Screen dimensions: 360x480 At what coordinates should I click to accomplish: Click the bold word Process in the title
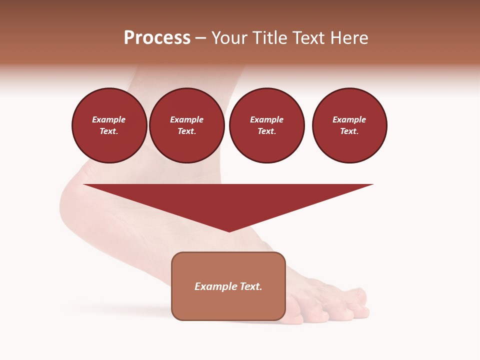coord(157,38)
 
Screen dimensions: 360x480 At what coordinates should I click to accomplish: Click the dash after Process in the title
coord(201,39)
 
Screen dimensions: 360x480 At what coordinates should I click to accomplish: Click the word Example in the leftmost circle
coord(109,119)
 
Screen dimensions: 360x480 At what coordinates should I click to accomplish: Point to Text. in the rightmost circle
coord(349,131)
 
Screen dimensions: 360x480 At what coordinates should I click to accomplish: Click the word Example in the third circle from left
coord(266,119)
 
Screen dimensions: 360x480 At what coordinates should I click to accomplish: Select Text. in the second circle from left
coord(186,131)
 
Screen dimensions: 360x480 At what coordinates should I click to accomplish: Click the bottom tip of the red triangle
coord(229,230)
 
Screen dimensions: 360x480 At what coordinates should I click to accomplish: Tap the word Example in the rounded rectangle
coord(216,286)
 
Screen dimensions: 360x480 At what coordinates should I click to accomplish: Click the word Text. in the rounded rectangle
coord(250,286)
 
